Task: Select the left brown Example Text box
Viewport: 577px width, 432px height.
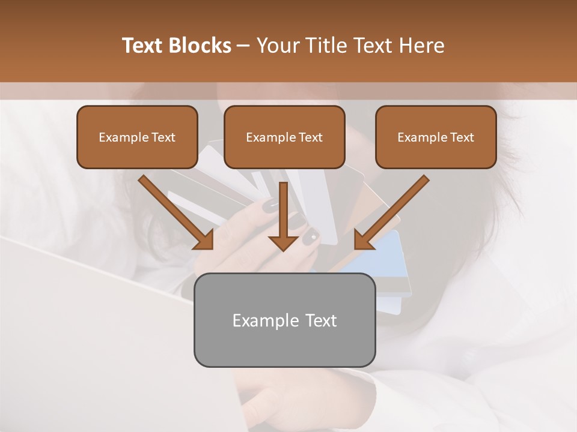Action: (137, 137)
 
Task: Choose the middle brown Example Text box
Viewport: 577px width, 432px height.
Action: (284, 137)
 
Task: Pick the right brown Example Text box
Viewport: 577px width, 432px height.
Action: (436, 137)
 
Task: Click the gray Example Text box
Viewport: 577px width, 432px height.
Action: (284, 320)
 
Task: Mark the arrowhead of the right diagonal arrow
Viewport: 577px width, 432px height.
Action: (364, 239)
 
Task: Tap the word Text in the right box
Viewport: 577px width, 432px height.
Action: (462, 137)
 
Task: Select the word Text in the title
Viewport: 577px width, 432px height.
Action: (144, 46)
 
